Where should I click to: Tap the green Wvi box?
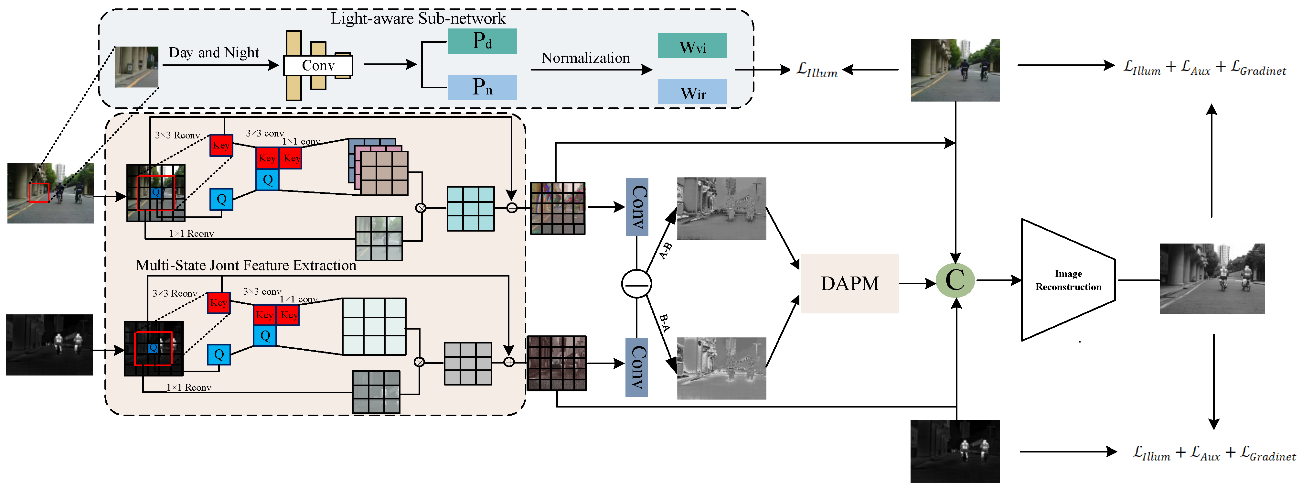click(x=692, y=46)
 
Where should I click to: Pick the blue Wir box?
click(x=692, y=92)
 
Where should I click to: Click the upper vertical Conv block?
click(x=637, y=207)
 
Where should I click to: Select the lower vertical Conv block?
click(x=637, y=367)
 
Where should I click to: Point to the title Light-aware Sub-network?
click(x=418, y=18)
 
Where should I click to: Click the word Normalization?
click(x=585, y=58)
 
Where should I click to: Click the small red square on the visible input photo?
click(x=39, y=193)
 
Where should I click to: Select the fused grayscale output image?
click(x=1211, y=278)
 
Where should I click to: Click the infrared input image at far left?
click(x=49, y=345)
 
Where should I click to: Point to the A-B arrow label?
click(x=666, y=250)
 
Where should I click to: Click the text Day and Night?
click(x=213, y=53)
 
